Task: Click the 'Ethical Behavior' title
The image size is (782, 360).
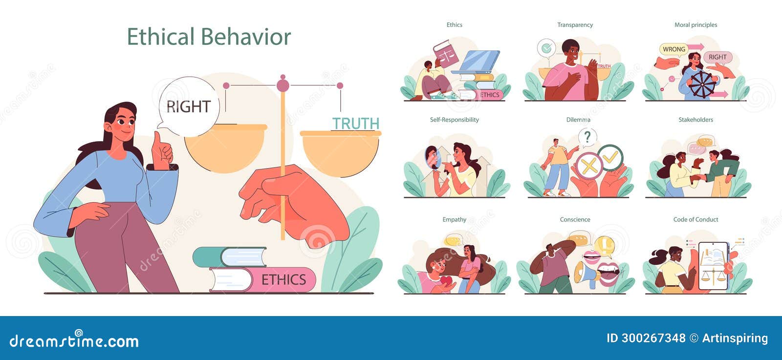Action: click(209, 37)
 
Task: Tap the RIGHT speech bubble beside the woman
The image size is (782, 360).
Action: click(189, 106)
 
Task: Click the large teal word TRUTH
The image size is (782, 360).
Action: click(356, 124)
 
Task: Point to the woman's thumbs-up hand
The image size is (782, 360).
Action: click(162, 150)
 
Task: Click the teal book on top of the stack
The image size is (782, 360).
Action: click(230, 257)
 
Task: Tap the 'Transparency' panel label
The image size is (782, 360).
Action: click(575, 25)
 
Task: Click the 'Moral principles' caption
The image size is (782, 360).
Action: click(695, 25)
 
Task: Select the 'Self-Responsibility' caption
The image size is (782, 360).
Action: click(454, 120)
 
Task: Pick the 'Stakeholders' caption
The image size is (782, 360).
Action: click(695, 120)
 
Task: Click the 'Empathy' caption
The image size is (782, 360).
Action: click(454, 220)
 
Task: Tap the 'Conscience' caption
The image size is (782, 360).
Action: click(575, 220)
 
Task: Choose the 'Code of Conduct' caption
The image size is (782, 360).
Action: click(695, 220)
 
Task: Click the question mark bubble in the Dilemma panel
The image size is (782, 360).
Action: click(587, 137)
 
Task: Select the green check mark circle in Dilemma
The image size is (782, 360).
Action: click(610, 157)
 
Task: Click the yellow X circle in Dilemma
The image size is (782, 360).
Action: click(589, 166)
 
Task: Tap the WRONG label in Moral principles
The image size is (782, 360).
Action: click(674, 49)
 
